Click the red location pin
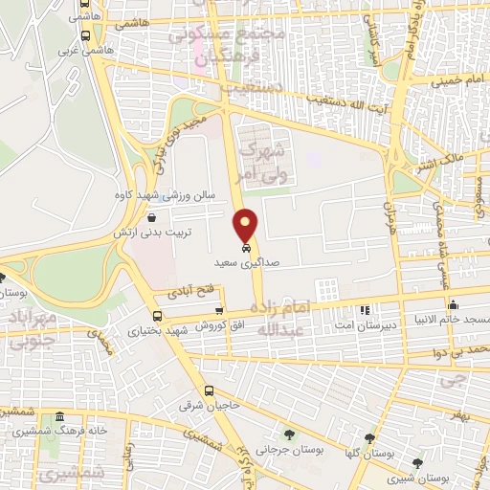[x=246, y=225]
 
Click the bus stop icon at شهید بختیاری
[x=157, y=317]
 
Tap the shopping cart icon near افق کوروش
[x=219, y=310]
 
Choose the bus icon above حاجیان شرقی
[x=210, y=390]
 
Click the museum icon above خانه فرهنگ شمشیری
[x=60, y=417]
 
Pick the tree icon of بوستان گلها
[x=368, y=436]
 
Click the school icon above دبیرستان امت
[x=364, y=310]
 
